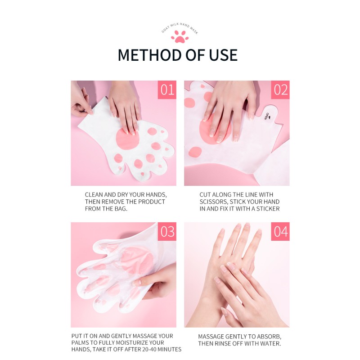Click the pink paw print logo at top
pos(180,37)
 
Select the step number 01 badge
pos(167,90)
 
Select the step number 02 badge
pos(280,90)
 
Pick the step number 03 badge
pos(167,231)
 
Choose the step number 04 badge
pos(280,231)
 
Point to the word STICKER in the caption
pos(265,209)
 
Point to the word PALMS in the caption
pos(81,343)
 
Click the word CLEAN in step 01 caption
pos(95,194)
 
